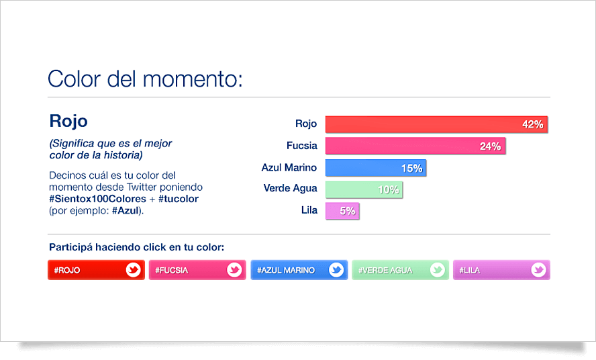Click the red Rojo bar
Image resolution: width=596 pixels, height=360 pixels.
pos(436,124)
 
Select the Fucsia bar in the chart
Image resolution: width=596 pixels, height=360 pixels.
pos(415,146)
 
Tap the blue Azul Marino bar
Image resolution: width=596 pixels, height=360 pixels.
pos(376,168)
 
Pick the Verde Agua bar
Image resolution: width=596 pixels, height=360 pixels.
pos(364,189)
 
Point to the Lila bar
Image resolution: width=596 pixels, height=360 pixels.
pos(342,211)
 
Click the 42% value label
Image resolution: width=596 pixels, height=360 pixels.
pos(532,124)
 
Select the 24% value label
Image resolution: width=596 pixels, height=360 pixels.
pos(491,146)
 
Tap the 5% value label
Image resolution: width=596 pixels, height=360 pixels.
pos(348,211)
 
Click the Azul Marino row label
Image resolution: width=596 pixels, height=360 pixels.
pos(289,167)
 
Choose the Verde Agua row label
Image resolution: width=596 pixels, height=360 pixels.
pos(290,188)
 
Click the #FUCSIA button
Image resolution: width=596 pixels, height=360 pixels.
pos(197,270)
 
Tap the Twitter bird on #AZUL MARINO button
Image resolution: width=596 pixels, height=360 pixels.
pos(336,270)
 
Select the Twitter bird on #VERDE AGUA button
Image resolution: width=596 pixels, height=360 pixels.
pos(438,270)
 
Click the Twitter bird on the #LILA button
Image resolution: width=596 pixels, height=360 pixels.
pos(538,270)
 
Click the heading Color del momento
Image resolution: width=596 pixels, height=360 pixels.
pos(145,79)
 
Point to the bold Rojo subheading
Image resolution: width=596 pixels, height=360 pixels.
pos(68,121)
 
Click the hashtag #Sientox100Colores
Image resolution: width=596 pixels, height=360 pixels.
pos(98,199)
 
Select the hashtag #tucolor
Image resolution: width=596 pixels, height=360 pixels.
pos(179,199)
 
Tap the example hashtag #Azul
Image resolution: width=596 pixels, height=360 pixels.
pos(125,210)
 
